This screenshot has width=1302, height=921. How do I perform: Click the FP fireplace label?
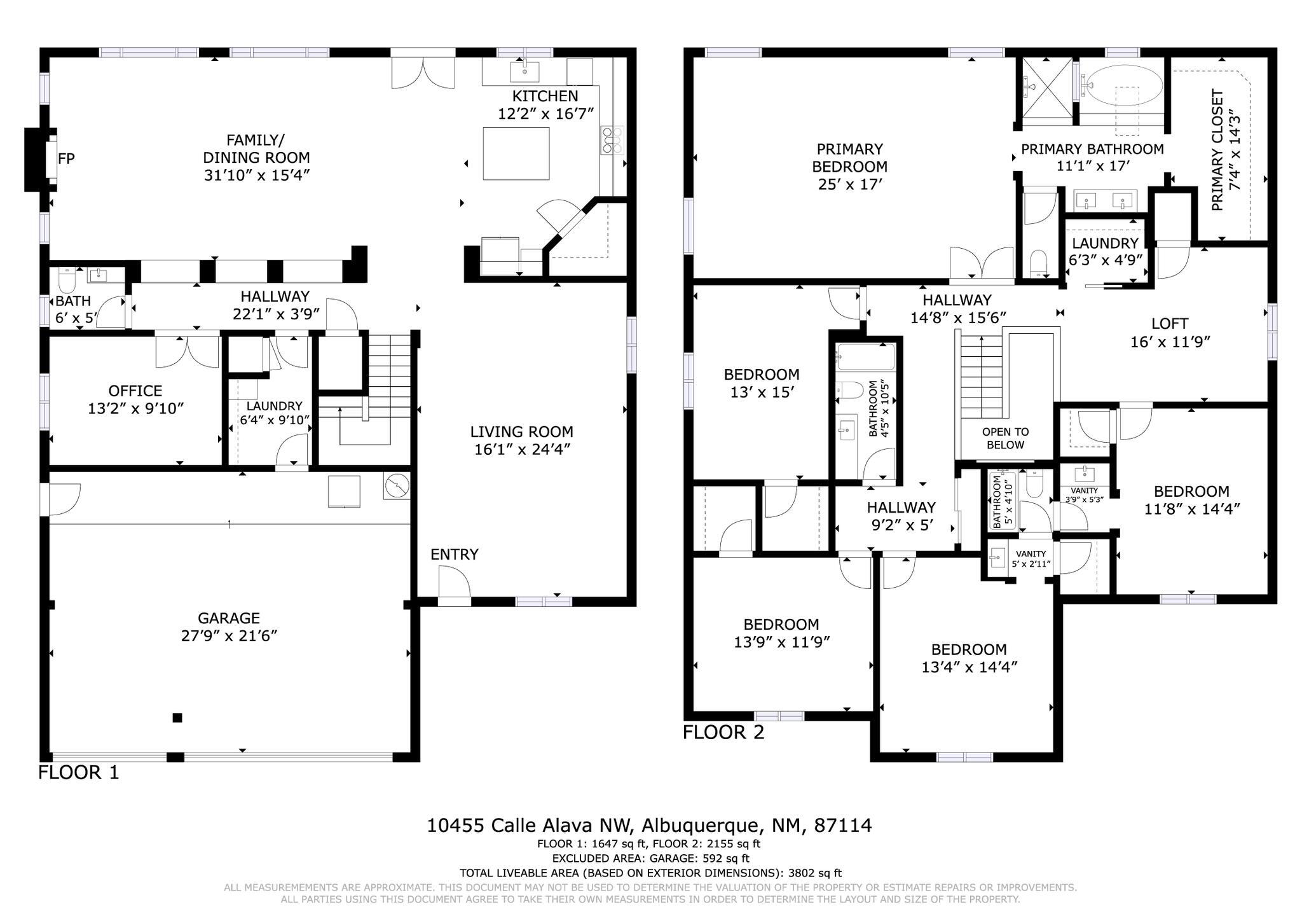click(x=67, y=158)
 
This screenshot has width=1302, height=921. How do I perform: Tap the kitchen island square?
click(x=516, y=153)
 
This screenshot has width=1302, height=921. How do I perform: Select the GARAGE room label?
click(x=229, y=618)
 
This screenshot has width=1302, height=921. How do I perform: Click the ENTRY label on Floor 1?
click(x=454, y=555)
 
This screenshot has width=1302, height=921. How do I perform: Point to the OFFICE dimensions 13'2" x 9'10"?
click(x=135, y=408)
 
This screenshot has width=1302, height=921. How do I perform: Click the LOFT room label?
click(x=1170, y=324)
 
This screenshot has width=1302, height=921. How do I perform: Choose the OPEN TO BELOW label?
click(x=1005, y=438)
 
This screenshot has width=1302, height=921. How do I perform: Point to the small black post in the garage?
click(x=177, y=717)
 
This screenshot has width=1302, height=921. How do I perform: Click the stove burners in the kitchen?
click(x=612, y=139)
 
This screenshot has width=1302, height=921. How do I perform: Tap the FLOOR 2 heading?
click(x=723, y=732)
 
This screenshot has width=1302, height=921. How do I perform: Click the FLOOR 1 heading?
click(x=79, y=773)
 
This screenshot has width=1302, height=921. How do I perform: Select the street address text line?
click(x=649, y=826)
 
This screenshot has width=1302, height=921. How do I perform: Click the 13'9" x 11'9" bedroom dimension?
click(x=782, y=642)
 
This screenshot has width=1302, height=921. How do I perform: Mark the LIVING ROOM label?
click(x=522, y=432)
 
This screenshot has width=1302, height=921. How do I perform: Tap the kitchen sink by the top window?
click(x=525, y=71)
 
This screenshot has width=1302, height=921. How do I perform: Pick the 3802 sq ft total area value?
click(x=815, y=873)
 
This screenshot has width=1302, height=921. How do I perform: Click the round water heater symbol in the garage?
click(x=397, y=486)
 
